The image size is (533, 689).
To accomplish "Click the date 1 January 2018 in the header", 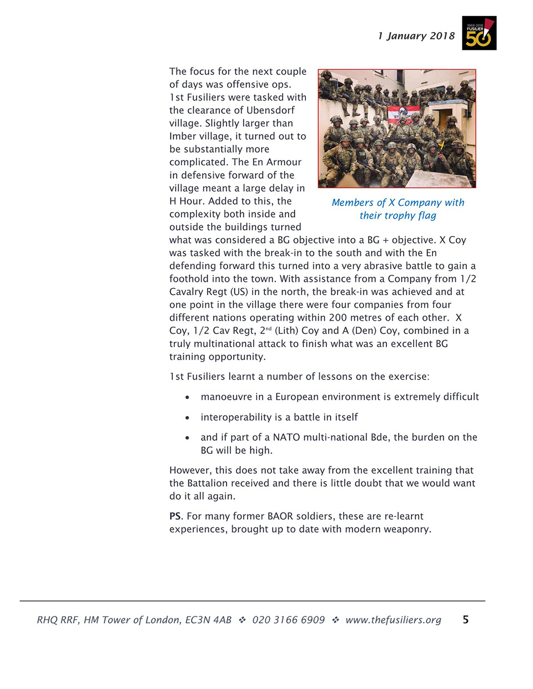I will coord(416,36).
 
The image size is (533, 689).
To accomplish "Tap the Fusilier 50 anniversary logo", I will coord(479,33).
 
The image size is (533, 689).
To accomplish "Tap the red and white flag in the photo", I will coord(403,114).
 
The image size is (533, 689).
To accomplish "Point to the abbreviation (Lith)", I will coord(286,331).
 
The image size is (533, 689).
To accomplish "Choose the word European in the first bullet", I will coord(298,397).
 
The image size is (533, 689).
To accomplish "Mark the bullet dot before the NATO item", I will coord(188,438).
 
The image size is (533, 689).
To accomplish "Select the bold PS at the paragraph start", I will coord(175,516).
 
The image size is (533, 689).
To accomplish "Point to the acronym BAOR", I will coord(280,516).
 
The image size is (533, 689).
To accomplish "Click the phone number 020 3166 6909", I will coord(288,620).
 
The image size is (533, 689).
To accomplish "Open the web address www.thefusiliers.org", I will coord(393,620).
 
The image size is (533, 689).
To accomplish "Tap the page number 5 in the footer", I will coord(465,620).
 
